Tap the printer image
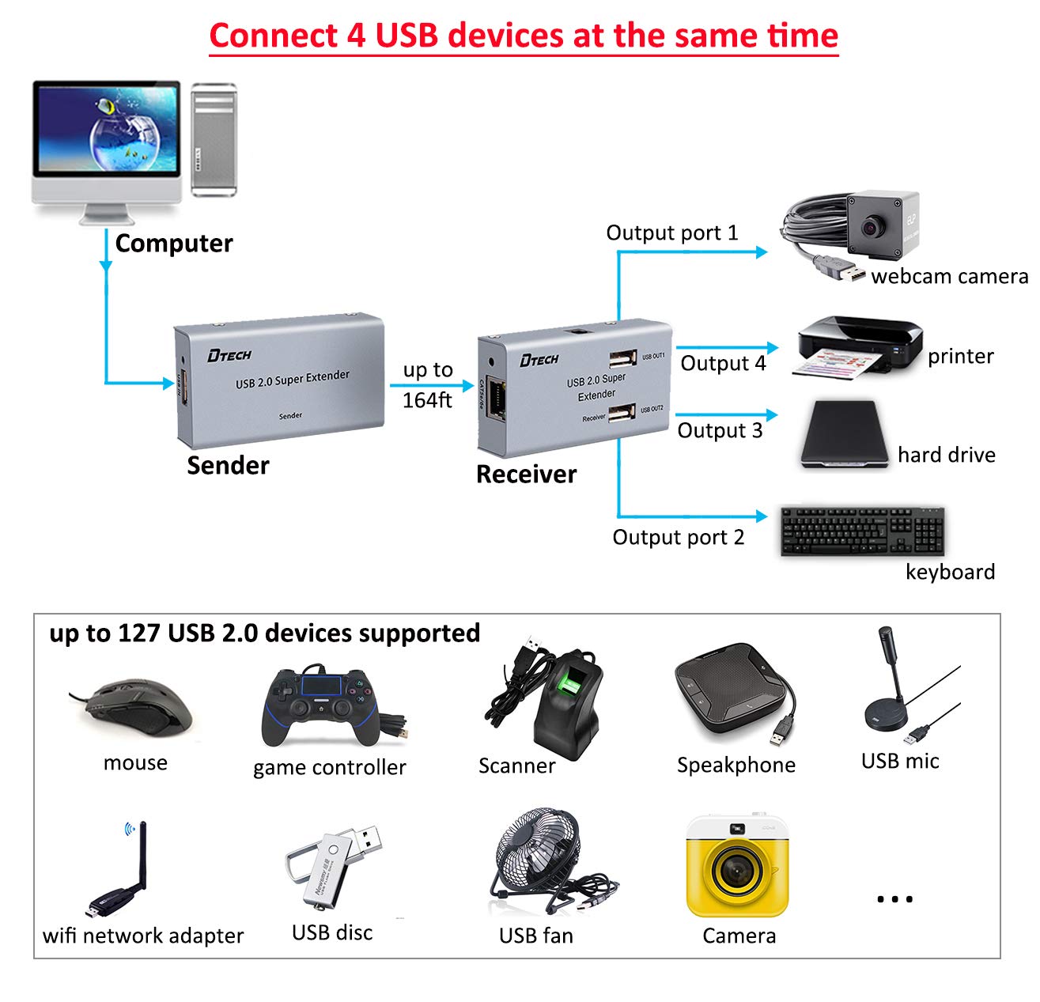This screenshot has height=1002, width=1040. [x=858, y=348]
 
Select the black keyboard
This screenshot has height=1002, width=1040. [x=862, y=531]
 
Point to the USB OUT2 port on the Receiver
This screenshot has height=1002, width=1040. [x=622, y=413]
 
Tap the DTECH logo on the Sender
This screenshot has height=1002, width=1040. [x=229, y=355]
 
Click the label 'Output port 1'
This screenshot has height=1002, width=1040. [x=671, y=233]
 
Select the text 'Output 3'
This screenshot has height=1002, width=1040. [x=720, y=431]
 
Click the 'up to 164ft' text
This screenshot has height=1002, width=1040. [x=428, y=385]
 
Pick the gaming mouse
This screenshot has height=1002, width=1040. [x=139, y=704]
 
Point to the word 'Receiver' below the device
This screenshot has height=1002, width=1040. [x=526, y=475]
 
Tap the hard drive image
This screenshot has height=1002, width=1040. [x=844, y=435]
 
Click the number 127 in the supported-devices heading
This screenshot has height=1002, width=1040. [x=138, y=633]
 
